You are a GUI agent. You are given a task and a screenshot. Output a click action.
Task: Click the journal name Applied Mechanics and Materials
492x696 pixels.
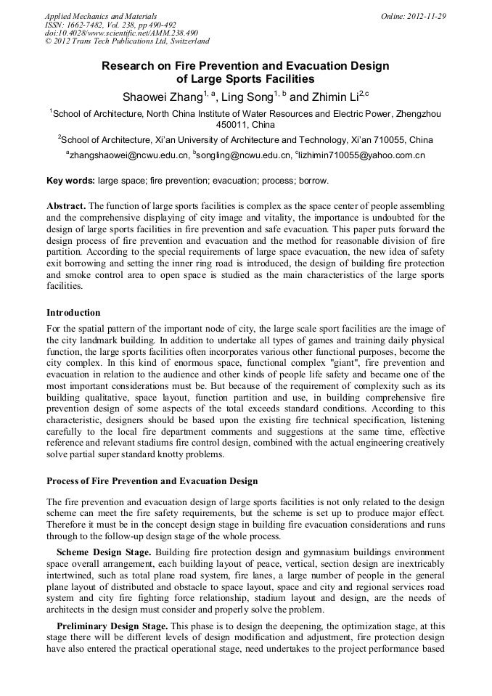[100, 16]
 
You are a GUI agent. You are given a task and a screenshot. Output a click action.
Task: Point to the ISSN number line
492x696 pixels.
[111, 25]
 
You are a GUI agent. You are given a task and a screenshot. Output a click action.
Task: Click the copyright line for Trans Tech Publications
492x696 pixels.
[127, 42]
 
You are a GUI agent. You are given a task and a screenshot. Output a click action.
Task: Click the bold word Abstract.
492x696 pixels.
[65, 205]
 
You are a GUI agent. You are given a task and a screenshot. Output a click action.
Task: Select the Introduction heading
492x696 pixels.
[73, 313]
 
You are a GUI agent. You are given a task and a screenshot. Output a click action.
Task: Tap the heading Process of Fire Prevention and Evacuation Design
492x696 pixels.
[152, 481]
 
